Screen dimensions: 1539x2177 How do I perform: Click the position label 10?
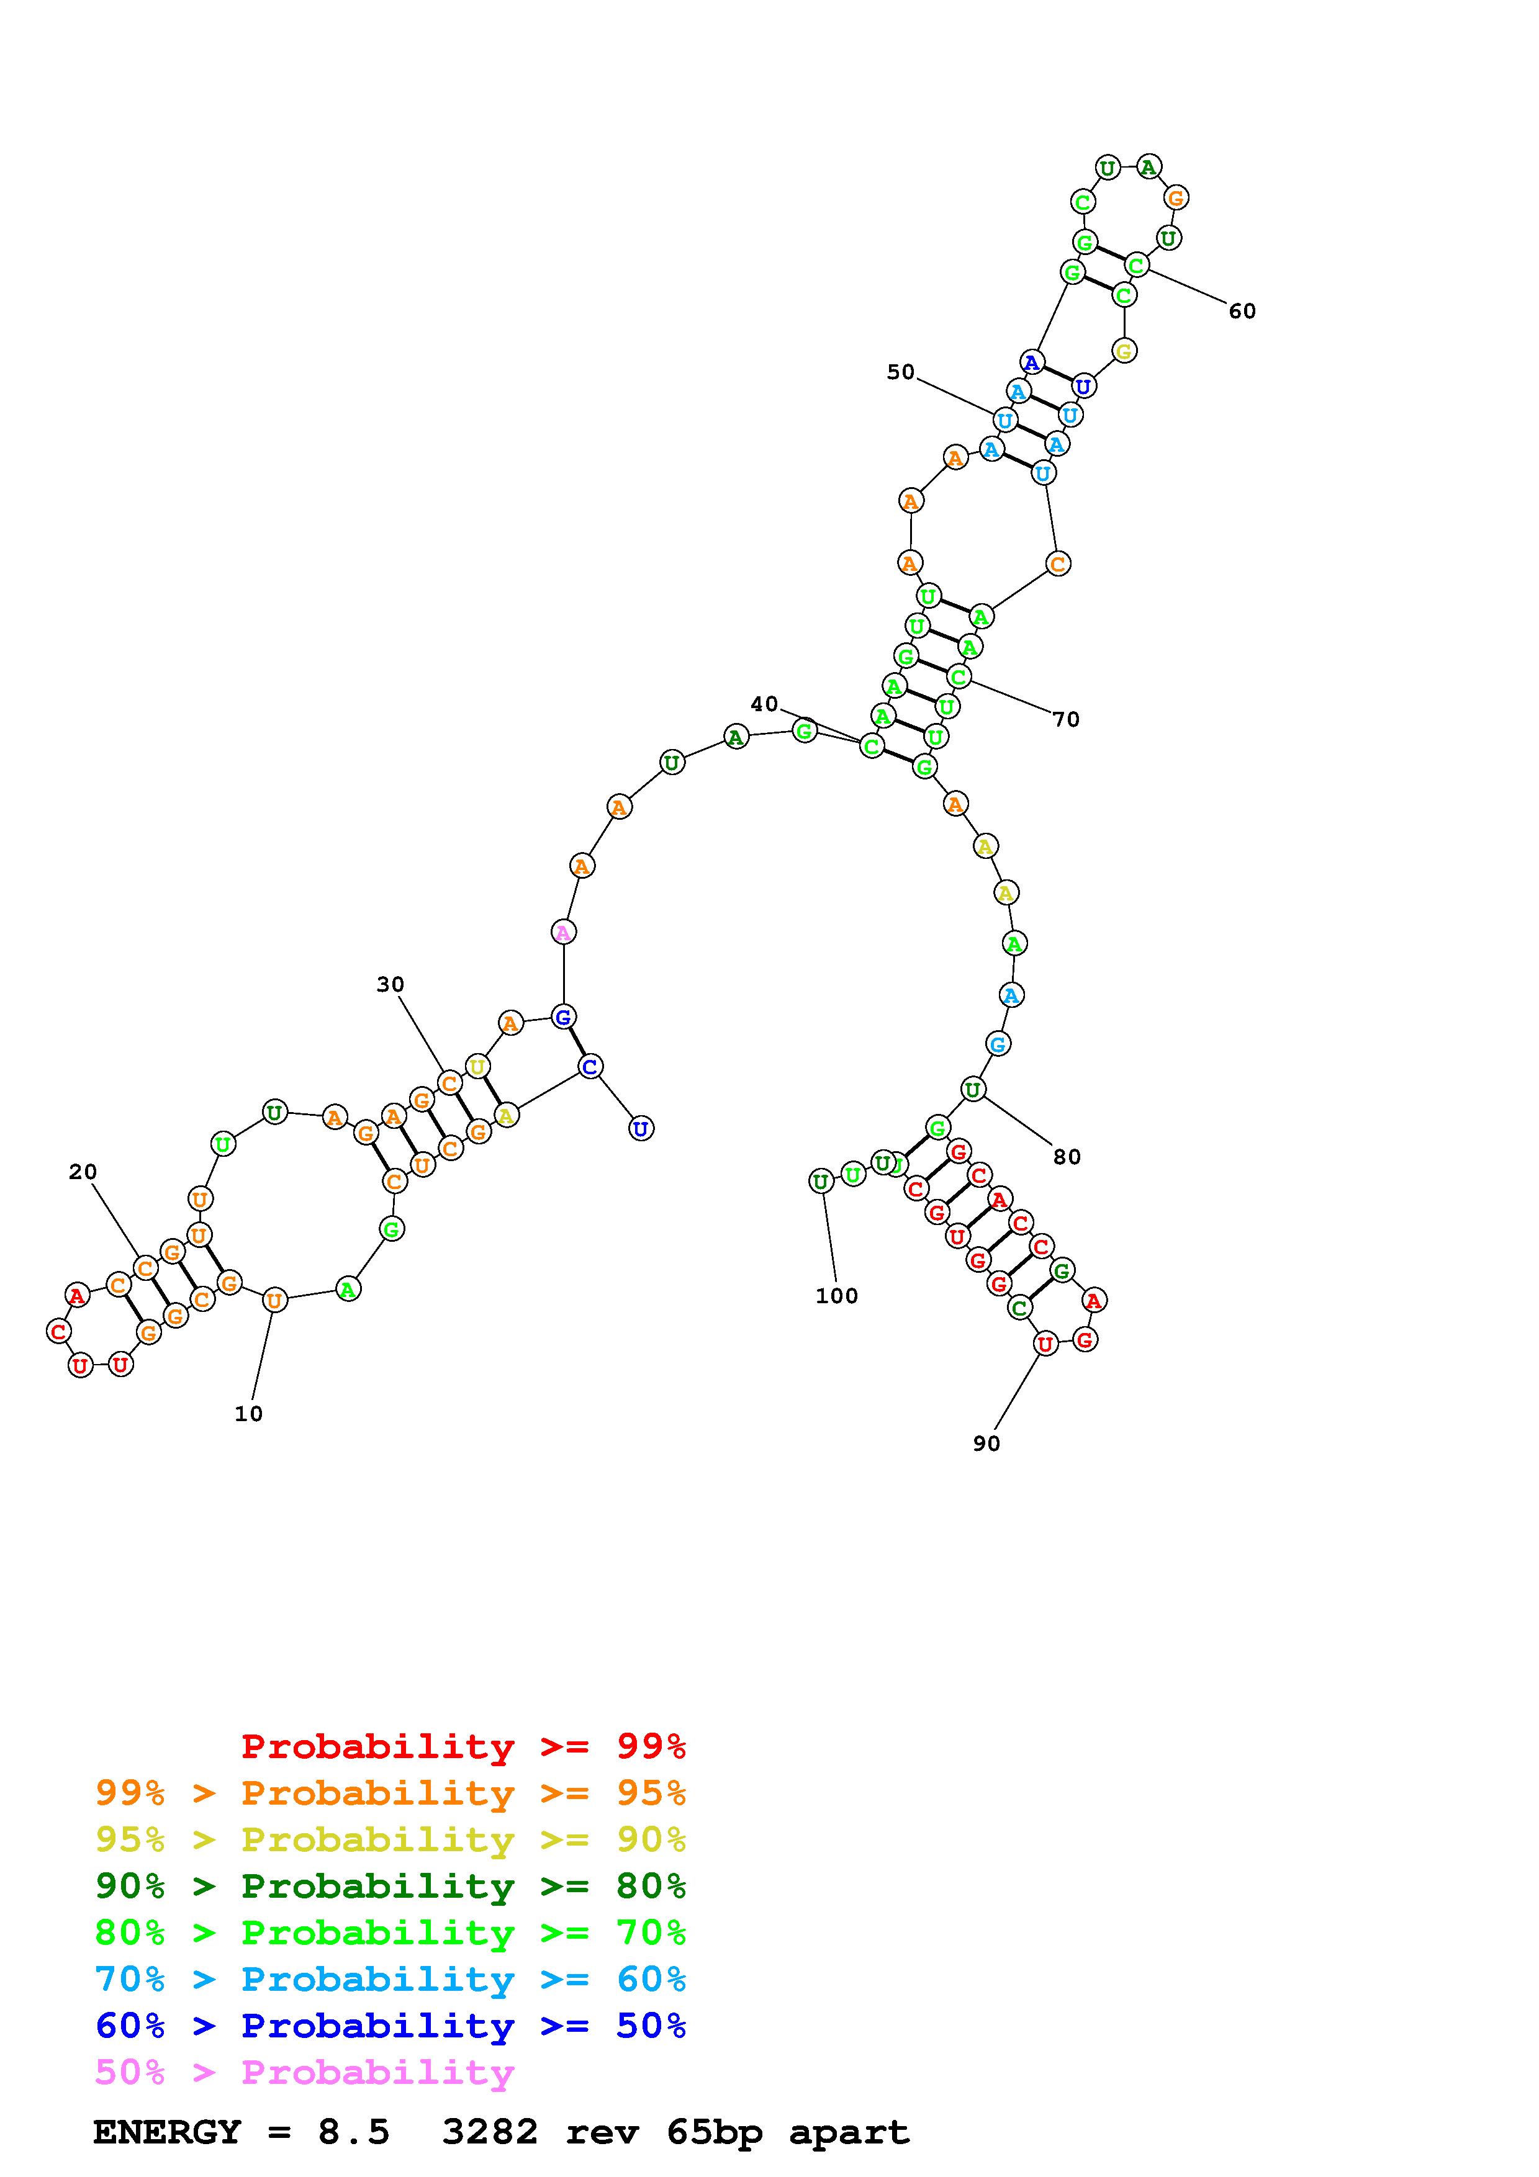[248, 1414]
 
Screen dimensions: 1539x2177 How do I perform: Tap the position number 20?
[83, 1172]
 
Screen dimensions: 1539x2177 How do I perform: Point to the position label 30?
[390, 985]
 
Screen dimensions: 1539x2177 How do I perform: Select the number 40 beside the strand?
[764, 704]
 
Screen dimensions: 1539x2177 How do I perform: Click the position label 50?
[901, 372]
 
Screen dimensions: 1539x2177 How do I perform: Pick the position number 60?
[1242, 311]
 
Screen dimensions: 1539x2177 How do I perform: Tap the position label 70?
[1066, 720]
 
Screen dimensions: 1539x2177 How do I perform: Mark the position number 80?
[1067, 1157]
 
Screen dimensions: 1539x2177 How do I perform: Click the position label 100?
[836, 1296]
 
